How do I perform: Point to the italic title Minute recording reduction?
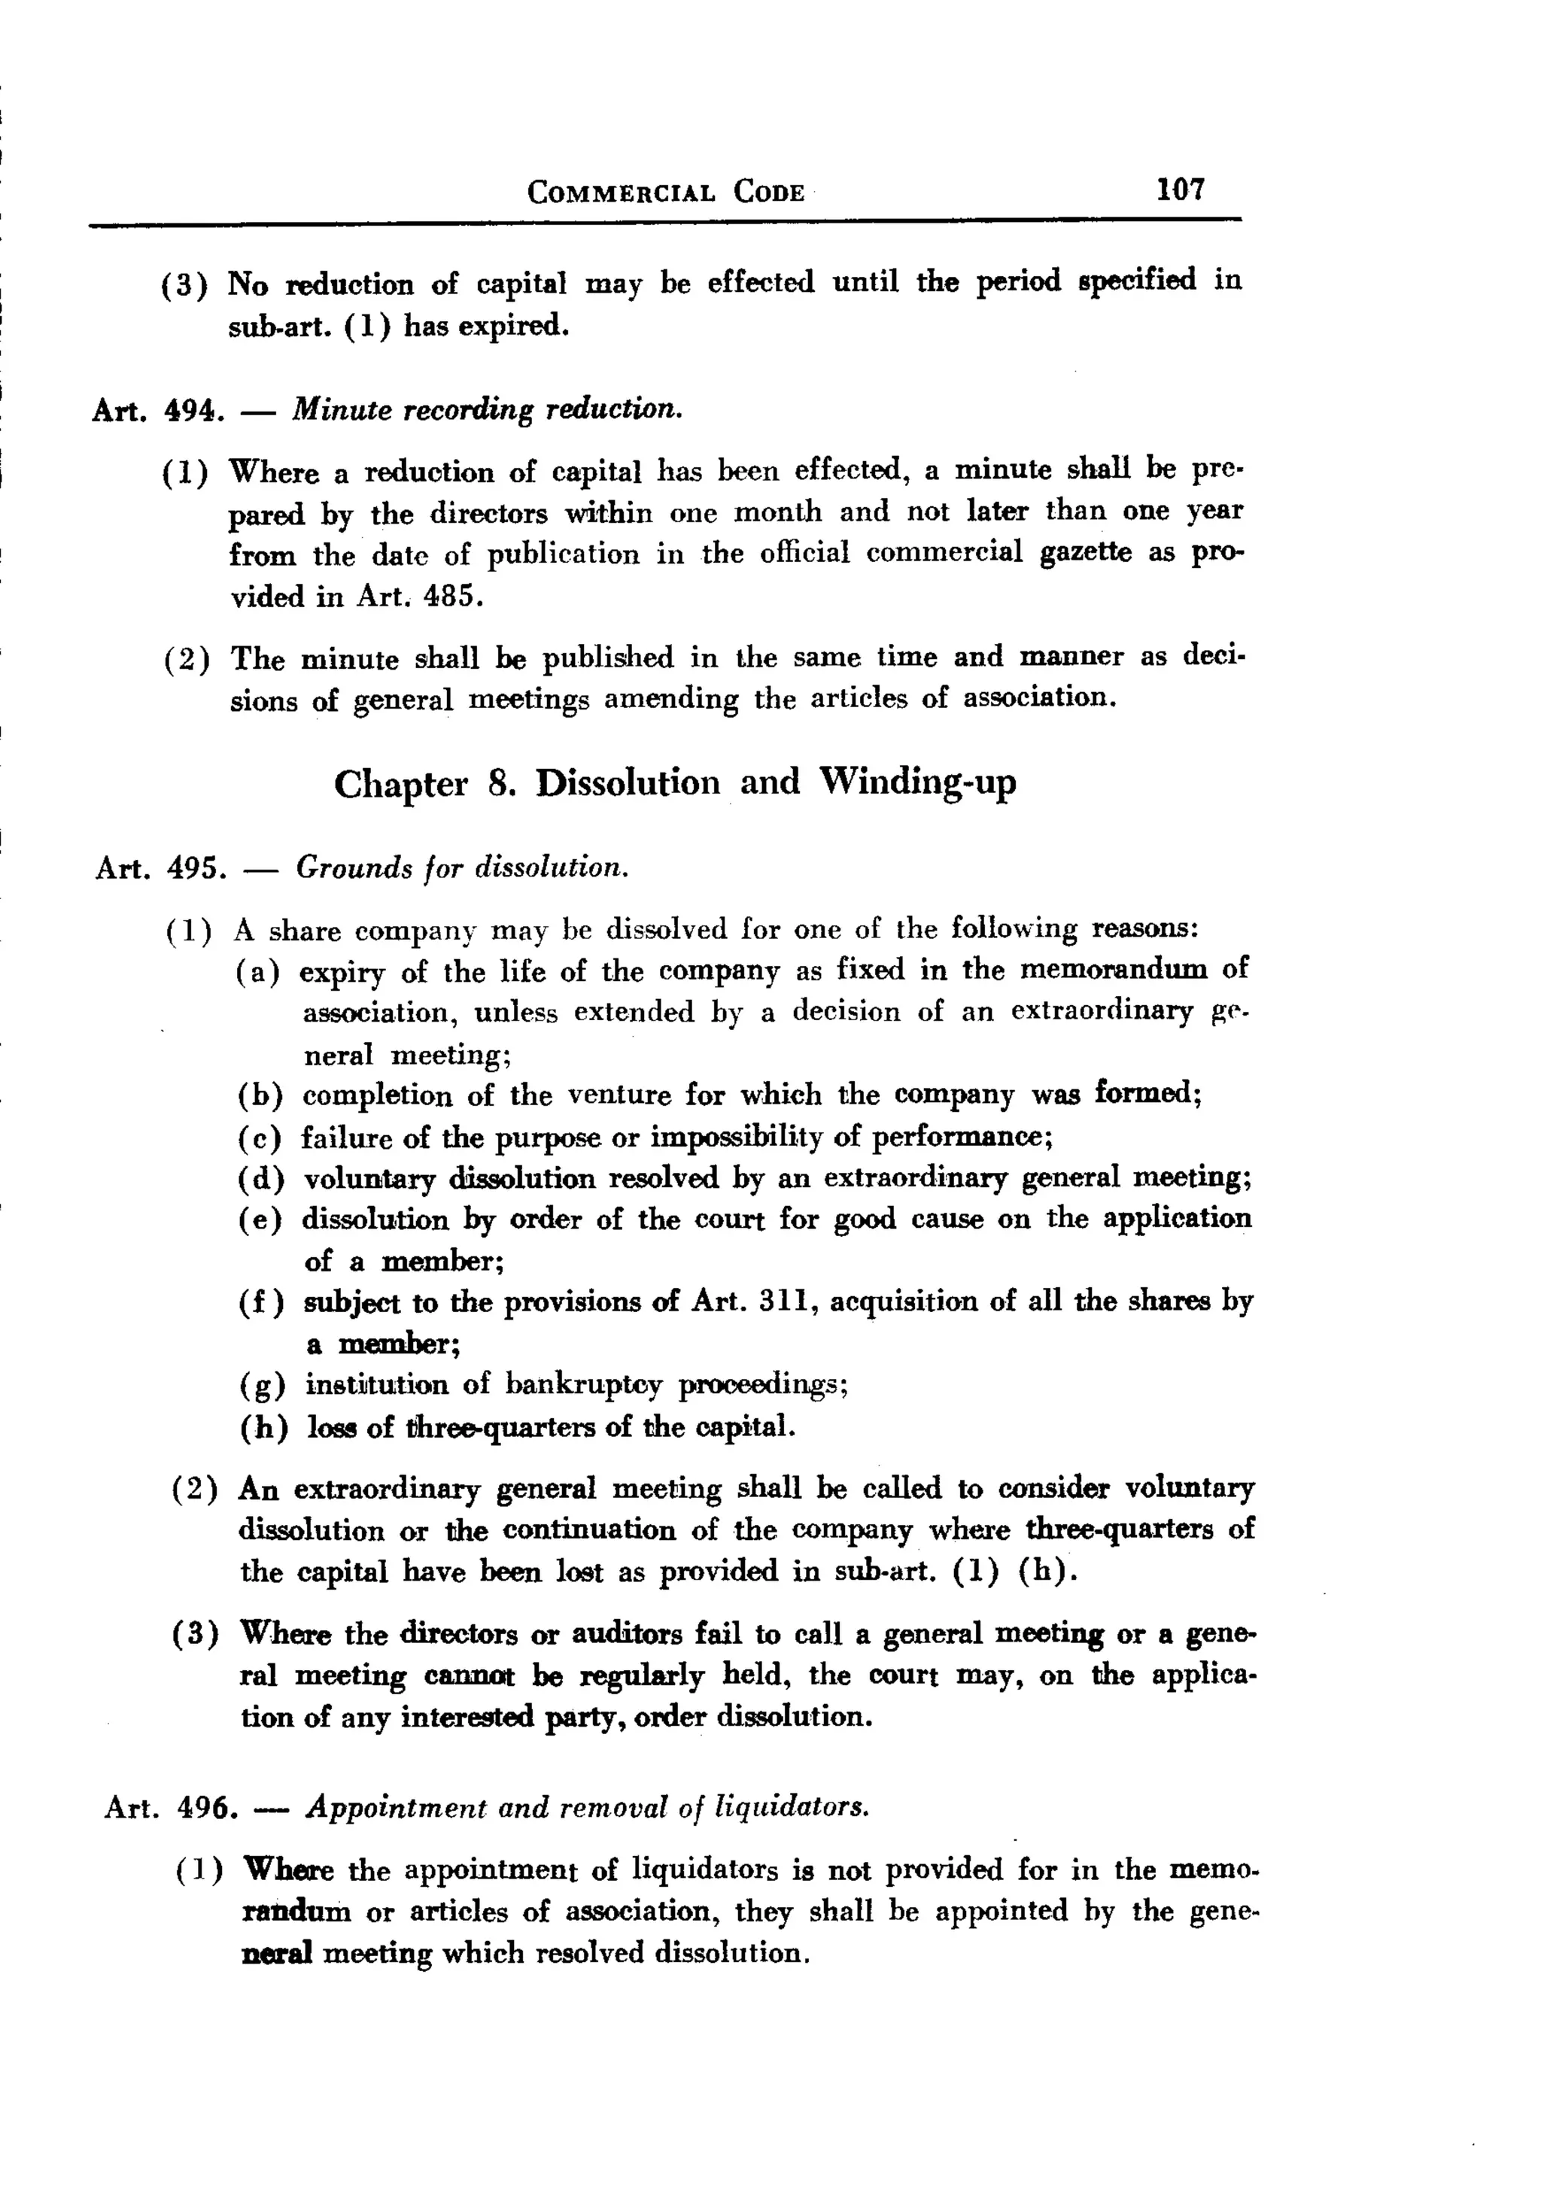(488, 410)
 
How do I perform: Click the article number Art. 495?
(160, 868)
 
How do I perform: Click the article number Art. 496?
(169, 1807)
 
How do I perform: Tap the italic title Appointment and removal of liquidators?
(588, 1807)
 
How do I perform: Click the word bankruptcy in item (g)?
(583, 1384)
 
